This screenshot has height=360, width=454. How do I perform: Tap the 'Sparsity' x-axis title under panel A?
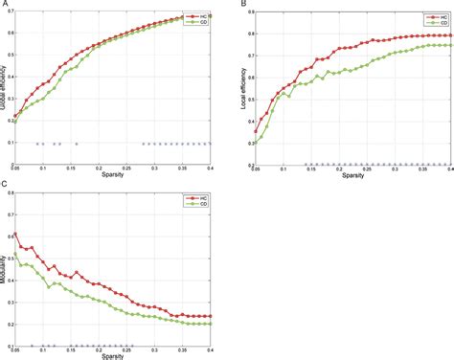(112, 176)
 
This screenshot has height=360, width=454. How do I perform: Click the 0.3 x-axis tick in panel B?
(368, 169)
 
